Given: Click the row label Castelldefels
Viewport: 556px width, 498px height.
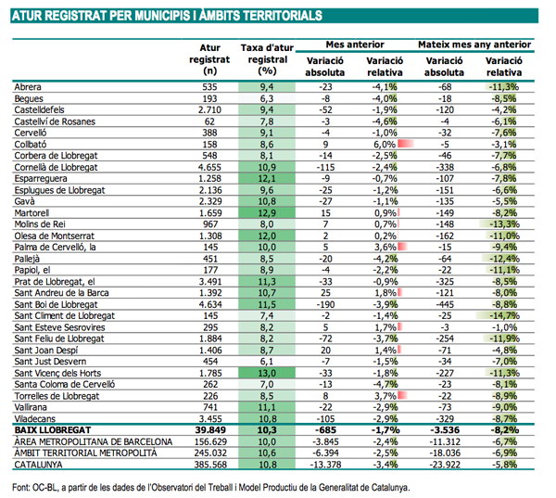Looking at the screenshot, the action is (39, 110).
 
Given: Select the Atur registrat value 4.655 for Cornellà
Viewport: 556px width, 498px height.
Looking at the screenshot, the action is (209, 167).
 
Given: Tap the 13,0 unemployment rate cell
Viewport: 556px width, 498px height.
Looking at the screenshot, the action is (267, 373).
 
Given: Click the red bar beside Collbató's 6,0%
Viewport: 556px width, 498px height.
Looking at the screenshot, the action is (406, 144).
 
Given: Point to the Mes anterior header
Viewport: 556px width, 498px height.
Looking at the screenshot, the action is (355, 45).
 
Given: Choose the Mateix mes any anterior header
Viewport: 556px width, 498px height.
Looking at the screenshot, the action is (474, 45).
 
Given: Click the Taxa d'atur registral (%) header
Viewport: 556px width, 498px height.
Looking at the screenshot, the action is (268, 59).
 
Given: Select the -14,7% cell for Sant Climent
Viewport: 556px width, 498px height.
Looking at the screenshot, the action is (504, 315).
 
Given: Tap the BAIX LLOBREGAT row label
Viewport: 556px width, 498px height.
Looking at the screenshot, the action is (53, 430).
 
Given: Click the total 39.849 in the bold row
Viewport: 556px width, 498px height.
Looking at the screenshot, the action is (210, 430).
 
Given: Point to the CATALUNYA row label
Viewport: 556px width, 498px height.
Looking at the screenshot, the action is (38, 465).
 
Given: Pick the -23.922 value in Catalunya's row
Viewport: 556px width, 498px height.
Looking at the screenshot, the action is (445, 465).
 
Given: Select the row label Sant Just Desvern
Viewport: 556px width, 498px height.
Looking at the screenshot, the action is (50, 362).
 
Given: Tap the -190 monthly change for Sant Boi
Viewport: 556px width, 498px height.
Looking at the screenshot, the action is (325, 304).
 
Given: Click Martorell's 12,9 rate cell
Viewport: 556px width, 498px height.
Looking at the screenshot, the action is (267, 213).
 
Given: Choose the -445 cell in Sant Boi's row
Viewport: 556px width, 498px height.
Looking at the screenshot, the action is (445, 304).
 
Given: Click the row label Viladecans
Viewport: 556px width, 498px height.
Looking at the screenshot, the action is (35, 419).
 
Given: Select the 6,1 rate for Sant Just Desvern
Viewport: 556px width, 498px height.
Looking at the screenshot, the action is (267, 362).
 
